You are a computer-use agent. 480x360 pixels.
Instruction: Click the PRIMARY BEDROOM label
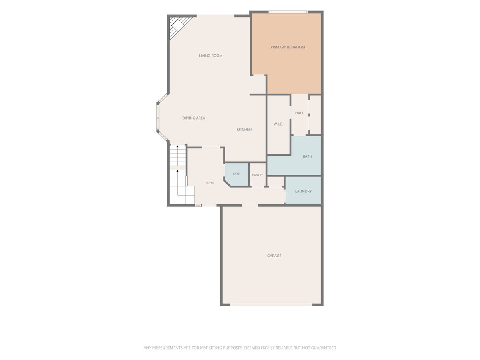[x=288, y=47]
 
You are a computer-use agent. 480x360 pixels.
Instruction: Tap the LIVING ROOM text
[x=210, y=56]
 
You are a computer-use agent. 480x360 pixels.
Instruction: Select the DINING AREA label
[x=194, y=118]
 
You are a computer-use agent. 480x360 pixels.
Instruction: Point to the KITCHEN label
[x=244, y=129]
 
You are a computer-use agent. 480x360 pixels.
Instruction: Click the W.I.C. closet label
[x=278, y=124]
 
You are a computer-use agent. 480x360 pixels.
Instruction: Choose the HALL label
[x=299, y=113]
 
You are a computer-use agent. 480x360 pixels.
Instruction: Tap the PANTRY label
[x=257, y=175]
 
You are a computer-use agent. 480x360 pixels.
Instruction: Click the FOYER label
[x=210, y=183]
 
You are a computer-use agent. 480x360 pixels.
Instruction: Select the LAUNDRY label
[x=303, y=191]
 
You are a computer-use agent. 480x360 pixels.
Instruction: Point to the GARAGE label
[x=274, y=256]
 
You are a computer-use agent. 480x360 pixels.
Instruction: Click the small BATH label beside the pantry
[x=236, y=174]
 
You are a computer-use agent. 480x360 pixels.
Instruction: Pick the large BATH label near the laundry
[x=307, y=156]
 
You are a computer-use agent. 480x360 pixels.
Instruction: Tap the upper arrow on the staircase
[x=178, y=146]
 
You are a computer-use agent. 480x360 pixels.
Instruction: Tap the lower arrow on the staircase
[x=178, y=171]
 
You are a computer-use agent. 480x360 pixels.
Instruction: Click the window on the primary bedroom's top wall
[x=288, y=12]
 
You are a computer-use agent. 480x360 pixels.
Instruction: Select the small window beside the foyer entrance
[x=198, y=205]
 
